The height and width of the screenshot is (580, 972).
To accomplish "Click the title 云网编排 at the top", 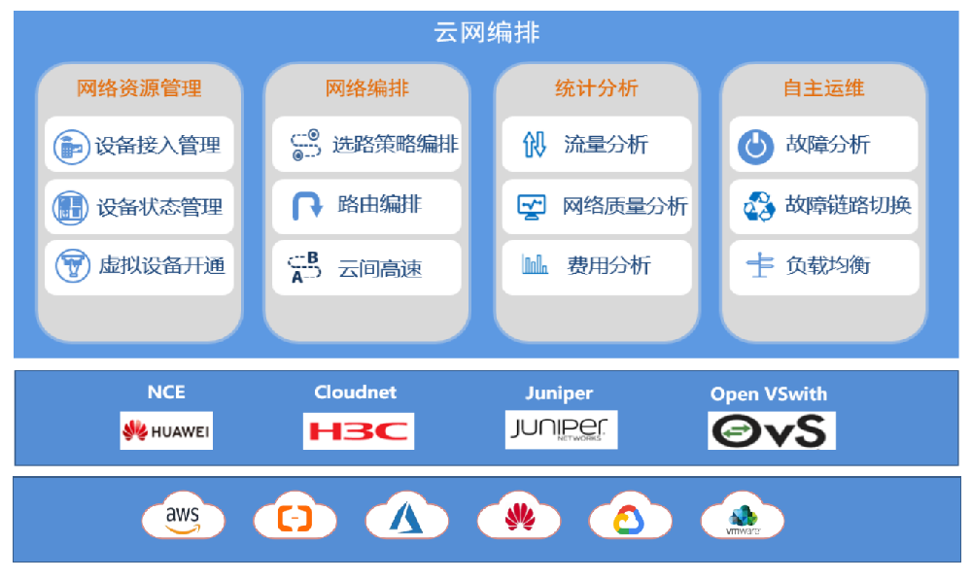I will click(486, 33).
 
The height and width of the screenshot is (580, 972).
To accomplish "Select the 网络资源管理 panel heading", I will click(139, 88).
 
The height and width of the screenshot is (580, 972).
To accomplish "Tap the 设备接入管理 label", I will click(157, 147).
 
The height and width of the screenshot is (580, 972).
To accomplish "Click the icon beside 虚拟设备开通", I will click(71, 266).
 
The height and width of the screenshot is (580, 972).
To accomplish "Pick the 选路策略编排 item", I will click(395, 145).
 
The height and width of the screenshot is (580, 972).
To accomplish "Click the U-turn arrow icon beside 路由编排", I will click(306, 205).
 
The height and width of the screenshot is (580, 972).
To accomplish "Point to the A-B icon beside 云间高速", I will click(305, 266).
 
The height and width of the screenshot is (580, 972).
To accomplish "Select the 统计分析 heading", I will click(596, 88).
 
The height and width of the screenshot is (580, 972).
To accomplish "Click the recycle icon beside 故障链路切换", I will click(758, 206).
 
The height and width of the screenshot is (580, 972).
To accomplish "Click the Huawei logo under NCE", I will click(166, 429).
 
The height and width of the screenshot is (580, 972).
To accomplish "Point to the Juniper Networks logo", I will click(561, 428).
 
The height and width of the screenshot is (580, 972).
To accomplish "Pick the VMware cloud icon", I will click(743, 517).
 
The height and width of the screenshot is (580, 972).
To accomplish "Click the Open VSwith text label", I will click(768, 393).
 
